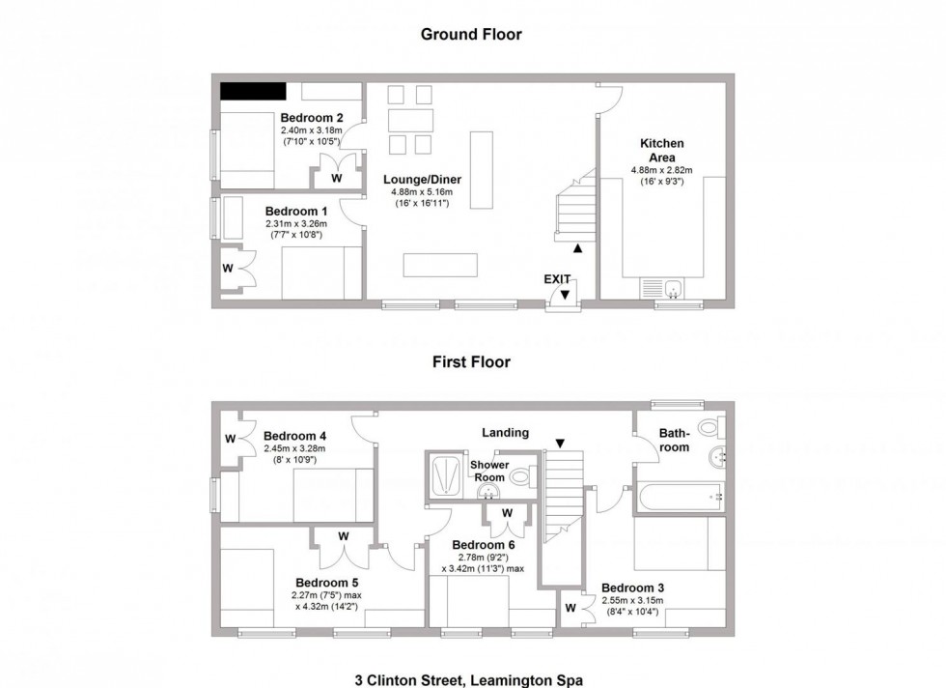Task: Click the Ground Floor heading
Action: click(471, 35)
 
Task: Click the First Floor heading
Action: click(471, 362)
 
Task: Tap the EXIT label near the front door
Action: click(557, 278)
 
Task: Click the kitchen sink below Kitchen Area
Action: click(663, 288)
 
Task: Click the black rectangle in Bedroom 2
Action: click(253, 92)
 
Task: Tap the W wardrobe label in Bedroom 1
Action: click(229, 267)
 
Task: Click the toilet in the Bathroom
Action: click(711, 427)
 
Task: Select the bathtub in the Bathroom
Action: click(679, 496)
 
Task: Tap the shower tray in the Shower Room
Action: click(446, 474)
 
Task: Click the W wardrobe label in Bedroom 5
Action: click(343, 536)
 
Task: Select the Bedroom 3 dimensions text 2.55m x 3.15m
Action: click(634, 600)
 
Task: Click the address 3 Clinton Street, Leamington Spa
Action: click(471, 679)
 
